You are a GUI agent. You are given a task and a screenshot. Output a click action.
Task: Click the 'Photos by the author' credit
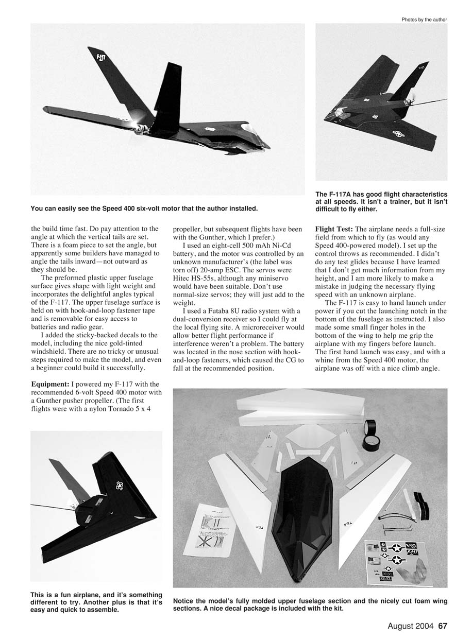(x=424, y=20)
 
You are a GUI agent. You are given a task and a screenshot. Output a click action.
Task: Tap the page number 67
(x=443, y=627)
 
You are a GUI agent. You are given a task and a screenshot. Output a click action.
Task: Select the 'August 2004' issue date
(x=411, y=627)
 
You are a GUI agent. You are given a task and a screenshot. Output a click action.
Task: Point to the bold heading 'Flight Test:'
(x=334, y=228)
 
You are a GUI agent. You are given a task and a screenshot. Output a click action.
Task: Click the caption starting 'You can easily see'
(x=144, y=209)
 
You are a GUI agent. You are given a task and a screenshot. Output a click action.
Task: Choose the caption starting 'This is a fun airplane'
(x=96, y=602)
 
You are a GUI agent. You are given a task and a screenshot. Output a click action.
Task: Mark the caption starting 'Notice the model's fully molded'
(x=310, y=604)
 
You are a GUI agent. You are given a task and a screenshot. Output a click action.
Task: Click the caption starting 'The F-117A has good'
(x=381, y=201)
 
